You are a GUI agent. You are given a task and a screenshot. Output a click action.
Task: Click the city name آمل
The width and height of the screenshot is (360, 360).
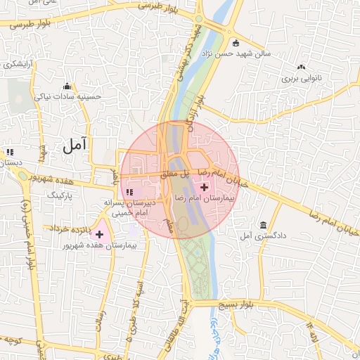click(x=74, y=146)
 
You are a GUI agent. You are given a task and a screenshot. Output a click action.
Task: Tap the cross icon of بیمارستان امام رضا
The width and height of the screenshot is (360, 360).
click(x=205, y=187)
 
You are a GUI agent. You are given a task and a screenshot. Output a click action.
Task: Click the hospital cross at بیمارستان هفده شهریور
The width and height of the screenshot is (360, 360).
click(x=100, y=234)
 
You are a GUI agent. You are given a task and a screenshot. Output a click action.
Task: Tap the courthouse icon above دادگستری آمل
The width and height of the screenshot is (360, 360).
click(x=264, y=224)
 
